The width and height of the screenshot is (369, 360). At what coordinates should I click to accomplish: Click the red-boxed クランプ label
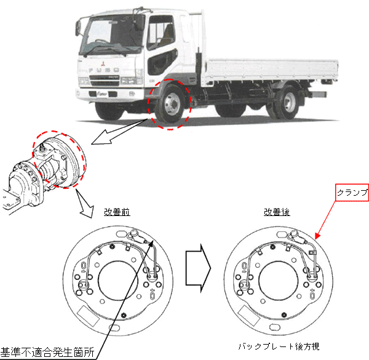(x=352, y=193)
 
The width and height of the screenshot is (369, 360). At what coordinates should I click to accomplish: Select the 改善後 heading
(x=277, y=212)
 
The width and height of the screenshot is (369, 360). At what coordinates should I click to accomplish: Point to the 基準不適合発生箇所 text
(x=47, y=353)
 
